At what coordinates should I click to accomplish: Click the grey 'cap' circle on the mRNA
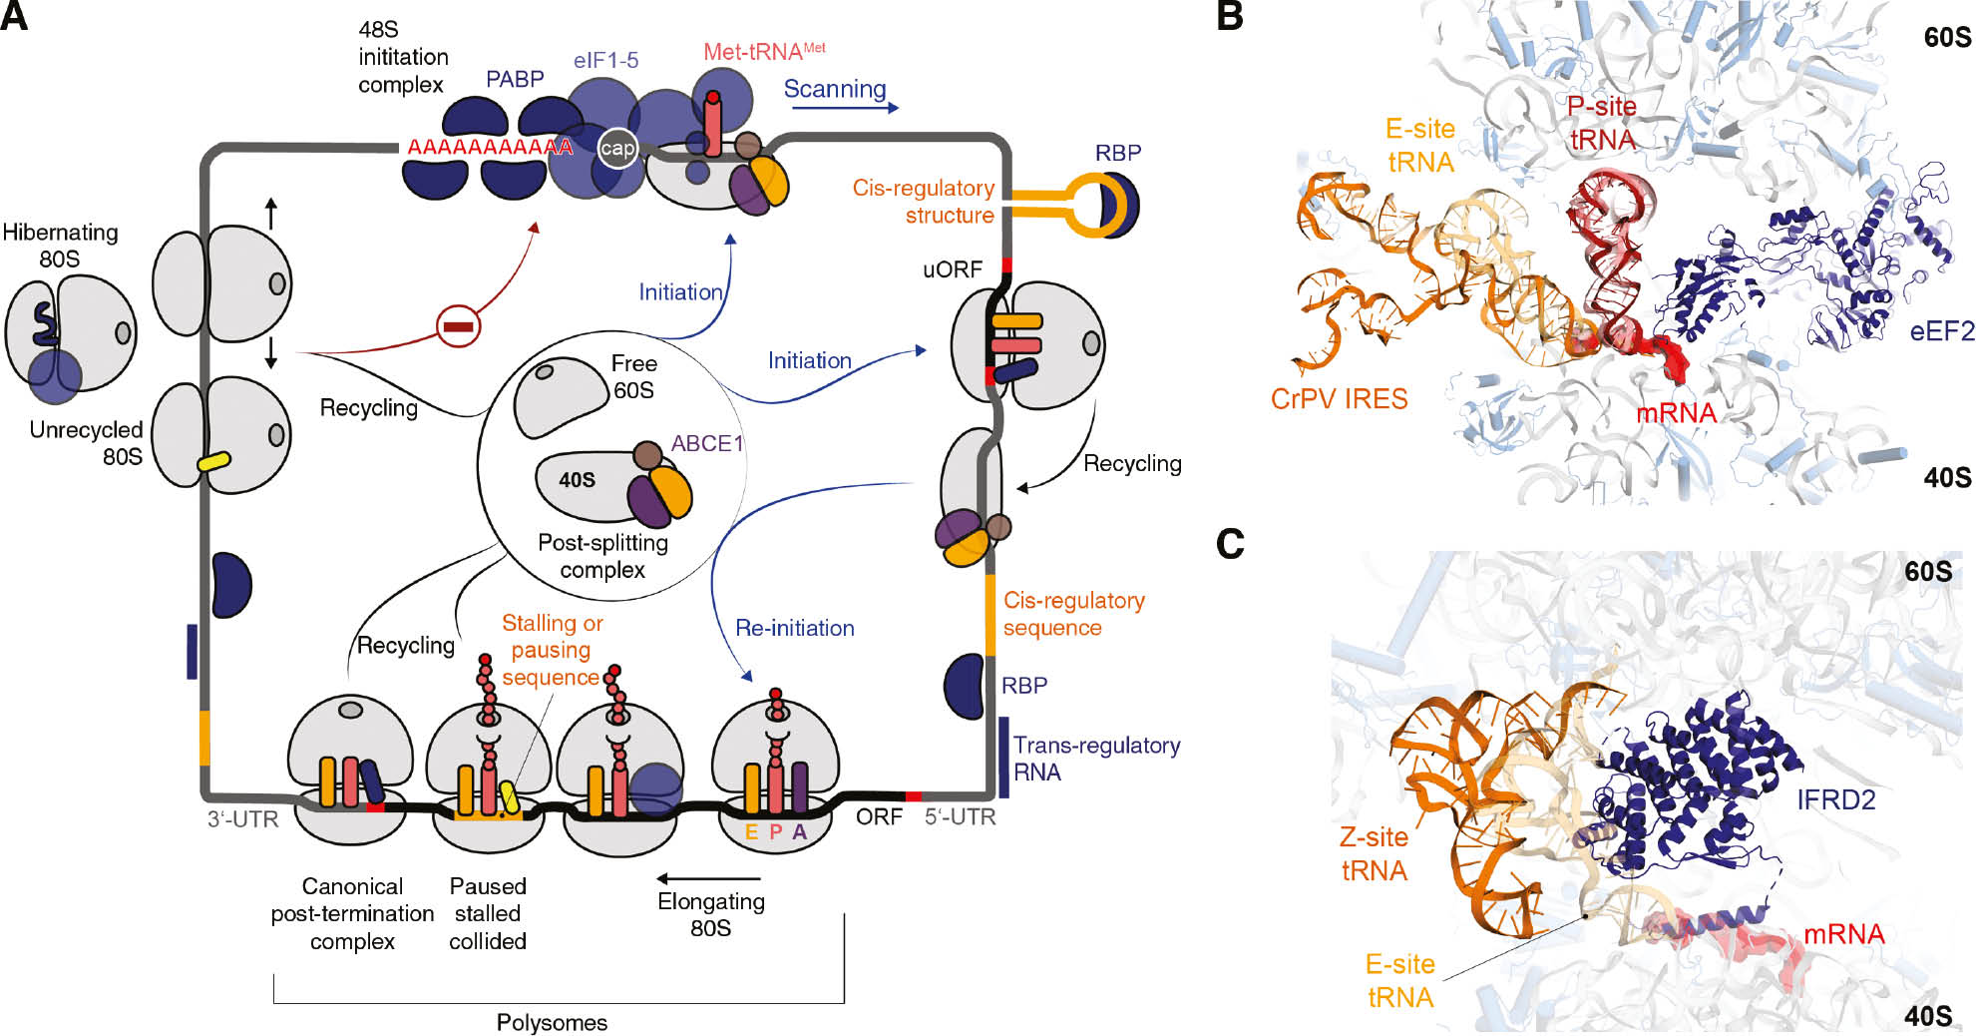pyautogui.click(x=617, y=149)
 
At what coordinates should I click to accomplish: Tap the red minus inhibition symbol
pyautogui.click(x=459, y=326)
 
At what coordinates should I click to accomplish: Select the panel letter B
pyautogui.click(x=1230, y=17)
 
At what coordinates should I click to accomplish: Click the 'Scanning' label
pyautogui.click(x=835, y=89)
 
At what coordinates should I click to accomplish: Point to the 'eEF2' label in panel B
pyautogui.click(x=1941, y=331)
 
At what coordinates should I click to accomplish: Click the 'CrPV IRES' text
pyautogui.click(x=1339, y=399)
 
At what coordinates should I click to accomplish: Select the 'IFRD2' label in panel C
pyautogui.click(x=1835, y=799)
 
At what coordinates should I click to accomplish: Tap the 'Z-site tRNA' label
pyautogui.click(x=1374, y=854)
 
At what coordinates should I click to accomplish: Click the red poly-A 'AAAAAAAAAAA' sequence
pyautogui.click(x=490, y=148)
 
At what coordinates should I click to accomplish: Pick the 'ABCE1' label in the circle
pyautogui.click(x=707, y=443)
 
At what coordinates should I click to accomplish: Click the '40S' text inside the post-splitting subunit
pyautogui.click(x=577, y=480)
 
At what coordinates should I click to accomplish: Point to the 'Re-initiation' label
pyautogui.click(x=795, y=628)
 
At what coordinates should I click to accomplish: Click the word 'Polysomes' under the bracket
pyautogui.click(x=552, y=1022)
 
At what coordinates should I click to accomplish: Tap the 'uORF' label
pyautogui.click(x=952, y=269)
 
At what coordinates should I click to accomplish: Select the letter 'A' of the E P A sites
pyautogui.click(x=800, y=831)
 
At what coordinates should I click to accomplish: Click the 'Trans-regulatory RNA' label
pyautogui.click(x=1095, y=759)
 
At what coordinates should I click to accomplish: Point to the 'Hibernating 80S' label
pyautogui.click(x=60, y=246)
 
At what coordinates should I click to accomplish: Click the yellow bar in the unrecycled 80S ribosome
pyautogui.click(x=214, y=462)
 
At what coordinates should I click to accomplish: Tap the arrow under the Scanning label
pyautogui.click(x=843, y=108)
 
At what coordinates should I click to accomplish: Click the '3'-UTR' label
pyautogui.click(x=242, y=818)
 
